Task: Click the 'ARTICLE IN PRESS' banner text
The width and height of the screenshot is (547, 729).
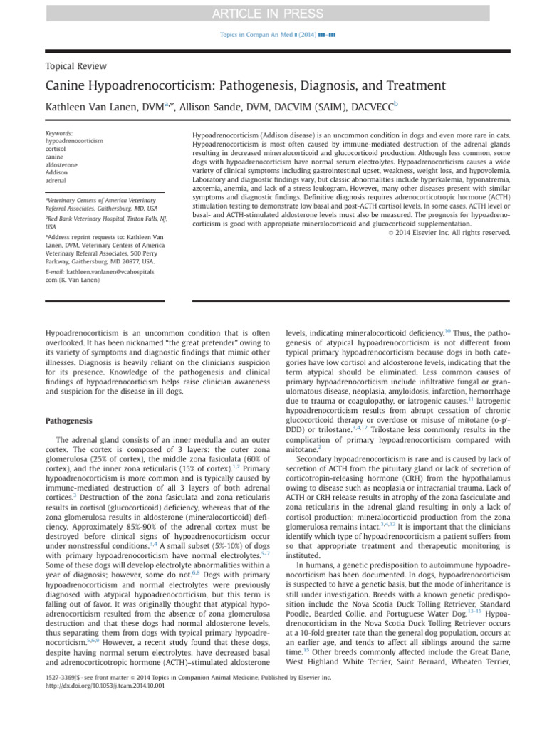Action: [x=273, y=12]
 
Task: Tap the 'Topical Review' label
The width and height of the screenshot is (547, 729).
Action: [x=76, y=66]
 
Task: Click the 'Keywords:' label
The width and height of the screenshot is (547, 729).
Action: [x=58, y=133]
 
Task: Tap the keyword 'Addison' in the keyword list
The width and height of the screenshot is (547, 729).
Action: [x=58, y=173]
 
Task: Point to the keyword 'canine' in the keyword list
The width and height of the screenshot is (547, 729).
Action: [x=55, y=157]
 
